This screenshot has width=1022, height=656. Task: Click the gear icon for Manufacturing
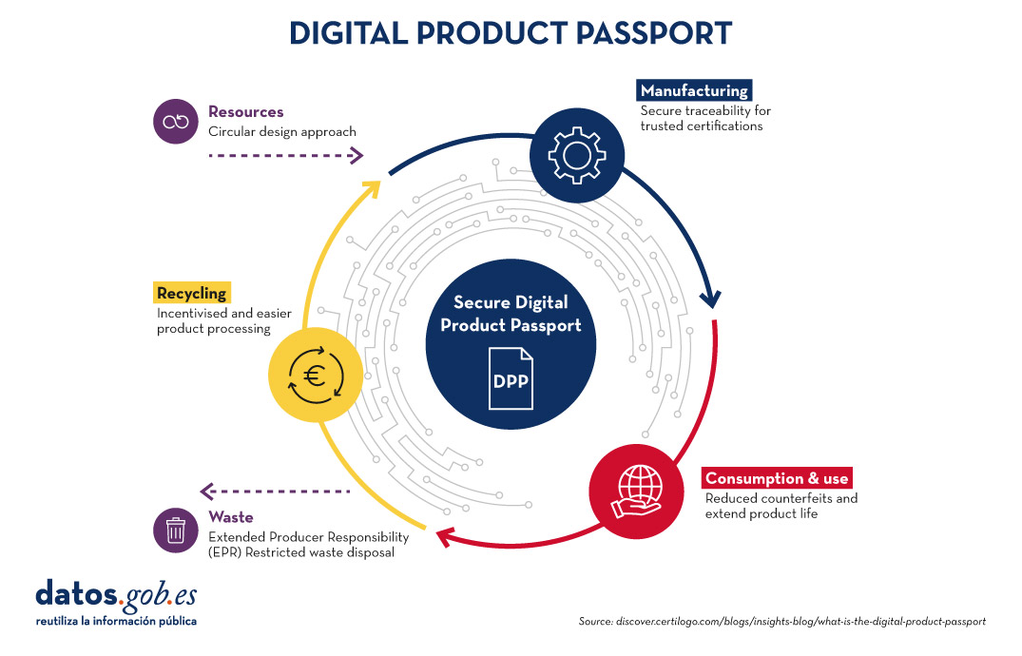[x=577, y=155]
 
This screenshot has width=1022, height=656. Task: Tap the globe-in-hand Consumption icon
[x=637, y=492]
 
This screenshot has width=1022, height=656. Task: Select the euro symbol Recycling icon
[x=317, y=375]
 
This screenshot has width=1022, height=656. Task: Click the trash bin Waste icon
[x=175, y=531]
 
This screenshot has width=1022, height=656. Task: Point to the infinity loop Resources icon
[x=175, y=122]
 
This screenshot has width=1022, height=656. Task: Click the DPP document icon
[x=511, y=378]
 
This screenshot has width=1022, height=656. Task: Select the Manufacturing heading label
[x=694, y=90]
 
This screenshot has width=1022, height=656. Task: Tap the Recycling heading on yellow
[x=192, y=293]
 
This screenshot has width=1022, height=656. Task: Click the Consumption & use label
[x=777, y=478]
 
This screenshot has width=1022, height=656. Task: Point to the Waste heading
[x=231, y=517]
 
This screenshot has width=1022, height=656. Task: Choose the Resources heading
[x=245, y=111]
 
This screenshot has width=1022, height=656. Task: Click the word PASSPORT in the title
[x=654, y=33]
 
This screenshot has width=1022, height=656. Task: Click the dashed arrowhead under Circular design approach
[x=357, y=155]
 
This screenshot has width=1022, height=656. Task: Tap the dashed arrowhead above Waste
[x=207, y=491]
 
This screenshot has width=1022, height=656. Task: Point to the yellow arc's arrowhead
[x=372, y=188]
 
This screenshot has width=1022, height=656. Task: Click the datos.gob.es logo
[x=116, y=603]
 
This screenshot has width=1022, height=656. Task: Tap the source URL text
[x=782, y=622]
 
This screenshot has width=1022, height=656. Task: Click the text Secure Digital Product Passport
[x=511, y=314]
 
